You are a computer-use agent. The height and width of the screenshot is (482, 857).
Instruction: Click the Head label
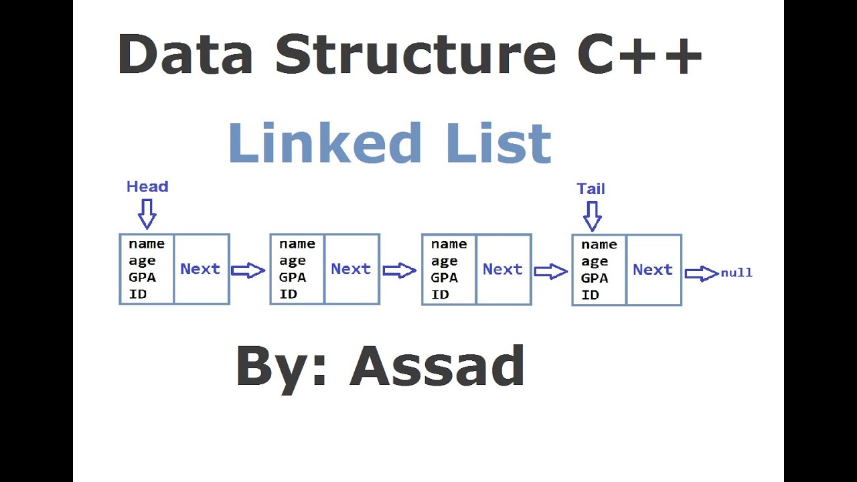point(147,187)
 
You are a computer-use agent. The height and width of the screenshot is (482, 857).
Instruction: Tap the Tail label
point(591,189)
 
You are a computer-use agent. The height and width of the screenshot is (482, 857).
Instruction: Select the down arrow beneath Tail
point(592,216)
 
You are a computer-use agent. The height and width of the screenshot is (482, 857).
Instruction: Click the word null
point(736,272)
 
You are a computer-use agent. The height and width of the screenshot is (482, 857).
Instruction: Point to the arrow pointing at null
point(701,273)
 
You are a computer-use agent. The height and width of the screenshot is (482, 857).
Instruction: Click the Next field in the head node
point(200,268)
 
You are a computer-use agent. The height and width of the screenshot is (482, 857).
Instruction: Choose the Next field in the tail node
point(653,269)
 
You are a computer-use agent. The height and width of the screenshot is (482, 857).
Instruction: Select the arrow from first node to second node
point(248,270)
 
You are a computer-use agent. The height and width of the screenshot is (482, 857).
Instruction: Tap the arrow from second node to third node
point(399,270)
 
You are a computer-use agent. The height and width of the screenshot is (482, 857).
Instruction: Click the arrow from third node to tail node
point(550,271)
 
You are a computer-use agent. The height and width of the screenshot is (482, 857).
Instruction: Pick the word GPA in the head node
point(142,277)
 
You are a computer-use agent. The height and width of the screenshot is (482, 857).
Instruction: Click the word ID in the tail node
point(590,295)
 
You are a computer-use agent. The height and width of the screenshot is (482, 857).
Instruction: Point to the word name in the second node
point(297,244)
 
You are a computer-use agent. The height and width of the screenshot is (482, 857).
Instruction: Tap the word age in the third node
point(444,261)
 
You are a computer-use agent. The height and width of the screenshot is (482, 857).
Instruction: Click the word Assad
point(437,366)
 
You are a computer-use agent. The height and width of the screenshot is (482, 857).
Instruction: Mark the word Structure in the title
point(415,54)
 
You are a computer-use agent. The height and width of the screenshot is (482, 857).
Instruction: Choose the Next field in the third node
point(502,269)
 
